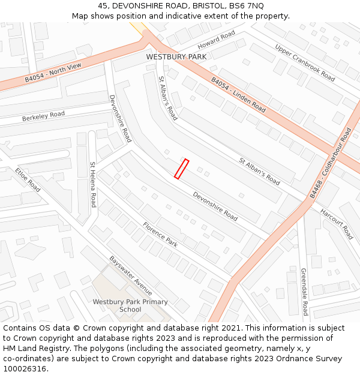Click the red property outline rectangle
tap(181, 169)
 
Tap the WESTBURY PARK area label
tap(176, 57)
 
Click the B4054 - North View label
tap(53, 73)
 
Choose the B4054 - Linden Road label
tap(238, 95)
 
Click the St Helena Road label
tap(93, 184)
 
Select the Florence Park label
tap(160, 235)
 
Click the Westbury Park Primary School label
tap(130, 305)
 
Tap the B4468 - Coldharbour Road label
tap(331, 163)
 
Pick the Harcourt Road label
tap(336, 224)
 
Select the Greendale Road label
tap(304, 292)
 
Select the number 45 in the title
tap(102, 5)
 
